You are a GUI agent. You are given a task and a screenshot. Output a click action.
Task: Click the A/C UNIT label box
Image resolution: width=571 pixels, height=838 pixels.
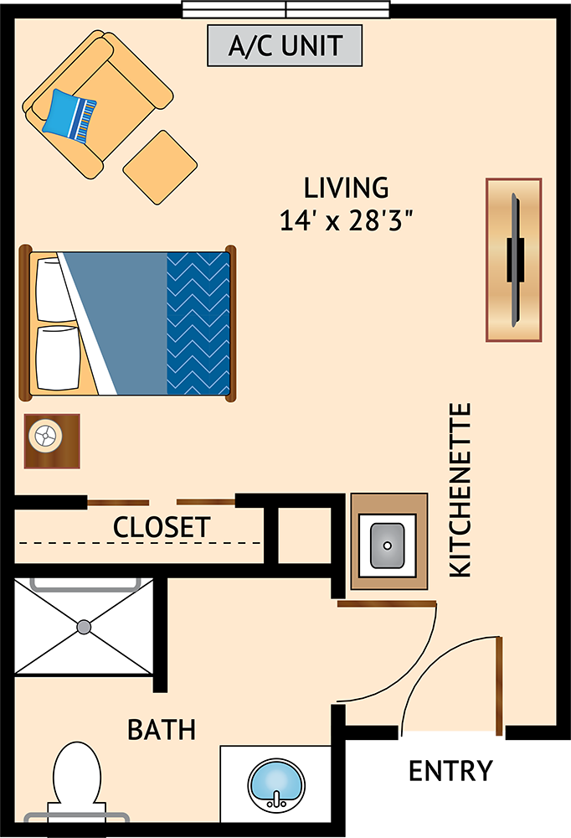(x=285, y=45)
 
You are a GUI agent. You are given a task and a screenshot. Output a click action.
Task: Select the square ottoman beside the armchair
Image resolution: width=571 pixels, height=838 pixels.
(x=160, y=168)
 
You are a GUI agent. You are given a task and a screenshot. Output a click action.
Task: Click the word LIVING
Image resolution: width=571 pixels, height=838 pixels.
(x=346, y=188)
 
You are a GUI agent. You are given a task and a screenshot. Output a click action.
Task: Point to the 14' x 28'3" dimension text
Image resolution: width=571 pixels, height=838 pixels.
(x=347, y=220)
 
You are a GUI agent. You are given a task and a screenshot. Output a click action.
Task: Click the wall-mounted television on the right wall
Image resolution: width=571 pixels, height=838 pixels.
(x=515, y=260)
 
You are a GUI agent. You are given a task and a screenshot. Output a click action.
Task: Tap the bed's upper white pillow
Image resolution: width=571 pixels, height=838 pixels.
(x=54, y=290)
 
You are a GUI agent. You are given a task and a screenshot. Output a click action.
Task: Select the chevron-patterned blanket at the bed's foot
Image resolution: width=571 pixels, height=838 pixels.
(x=198, y=323)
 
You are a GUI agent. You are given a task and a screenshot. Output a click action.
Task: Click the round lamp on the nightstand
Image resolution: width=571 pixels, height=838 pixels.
(x=45, y=437)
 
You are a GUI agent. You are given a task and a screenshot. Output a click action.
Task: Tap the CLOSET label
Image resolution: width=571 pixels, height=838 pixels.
(x=162, y=527)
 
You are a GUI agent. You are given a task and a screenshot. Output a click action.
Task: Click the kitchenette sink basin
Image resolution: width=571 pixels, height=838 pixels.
(x=388, y=546)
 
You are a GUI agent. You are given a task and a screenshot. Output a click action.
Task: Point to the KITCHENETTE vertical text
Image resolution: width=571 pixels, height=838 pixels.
(x=460, y=490)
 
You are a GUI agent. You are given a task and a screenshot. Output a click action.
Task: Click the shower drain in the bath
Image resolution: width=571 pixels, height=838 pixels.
(x=84, y=627)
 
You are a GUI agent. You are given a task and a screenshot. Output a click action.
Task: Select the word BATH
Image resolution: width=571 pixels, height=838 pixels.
(x=162, y=730)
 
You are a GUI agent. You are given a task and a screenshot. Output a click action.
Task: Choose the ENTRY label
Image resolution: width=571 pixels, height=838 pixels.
(x=450, y=771)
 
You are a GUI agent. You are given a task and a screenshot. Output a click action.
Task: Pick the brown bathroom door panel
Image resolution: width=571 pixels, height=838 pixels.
(x=387, y=604)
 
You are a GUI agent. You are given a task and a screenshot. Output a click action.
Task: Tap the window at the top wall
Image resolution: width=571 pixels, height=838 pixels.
(x=285, y=9)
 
